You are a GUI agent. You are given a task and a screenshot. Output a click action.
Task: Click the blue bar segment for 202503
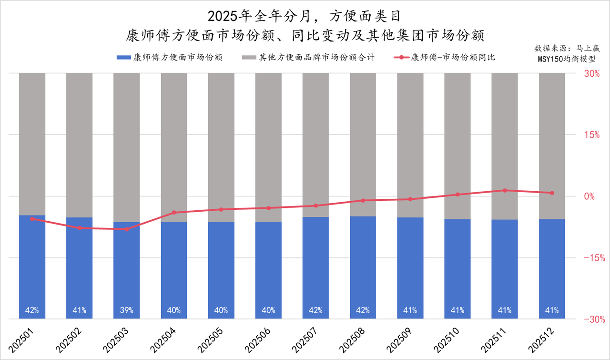(x=126, y=267)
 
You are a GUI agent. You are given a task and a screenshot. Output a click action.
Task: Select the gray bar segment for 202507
(x=315, y=143)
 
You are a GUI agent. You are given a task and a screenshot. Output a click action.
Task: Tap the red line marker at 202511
(x=505, y=190)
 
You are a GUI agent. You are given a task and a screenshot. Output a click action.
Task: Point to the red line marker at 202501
(x=32, y=219)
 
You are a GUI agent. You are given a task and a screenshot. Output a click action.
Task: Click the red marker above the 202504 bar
(x=174, y=212)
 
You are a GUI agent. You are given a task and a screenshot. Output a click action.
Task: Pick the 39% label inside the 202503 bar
(x=126, y=310)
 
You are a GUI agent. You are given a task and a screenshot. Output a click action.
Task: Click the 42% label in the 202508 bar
(x=363, y=310)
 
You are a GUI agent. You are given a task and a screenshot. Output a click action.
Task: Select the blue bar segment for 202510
(x=457, y=267)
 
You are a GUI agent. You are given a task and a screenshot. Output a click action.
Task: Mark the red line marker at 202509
(x=410, y=199)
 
